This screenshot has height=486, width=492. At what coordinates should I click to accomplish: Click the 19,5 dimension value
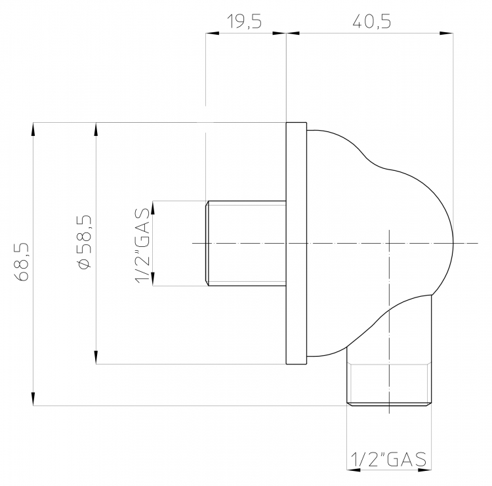[244, 22]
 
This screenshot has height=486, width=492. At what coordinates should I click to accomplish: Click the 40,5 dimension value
[372, 22]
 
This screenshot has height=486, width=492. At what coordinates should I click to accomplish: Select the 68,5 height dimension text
[22, 262]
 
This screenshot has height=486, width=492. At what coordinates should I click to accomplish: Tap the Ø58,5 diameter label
[85, 242]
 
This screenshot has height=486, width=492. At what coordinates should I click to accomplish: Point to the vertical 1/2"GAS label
[143, 246]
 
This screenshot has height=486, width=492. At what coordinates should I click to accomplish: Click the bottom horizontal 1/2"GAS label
[388, 459]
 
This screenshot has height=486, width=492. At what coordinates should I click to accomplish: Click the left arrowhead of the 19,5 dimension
[213, 33]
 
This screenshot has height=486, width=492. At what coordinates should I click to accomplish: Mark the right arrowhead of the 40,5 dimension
[447, 33]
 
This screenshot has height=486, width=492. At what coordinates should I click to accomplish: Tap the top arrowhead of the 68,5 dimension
[33, 129]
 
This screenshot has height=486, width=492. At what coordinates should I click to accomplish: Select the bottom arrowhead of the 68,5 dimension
[33, 399]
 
